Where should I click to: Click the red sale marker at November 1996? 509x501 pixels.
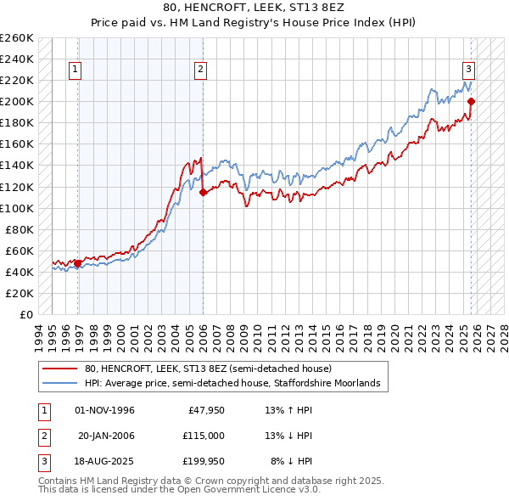point(78,263)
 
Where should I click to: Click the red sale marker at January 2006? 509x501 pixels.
point(203,192)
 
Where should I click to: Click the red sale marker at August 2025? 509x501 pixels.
point(472,102)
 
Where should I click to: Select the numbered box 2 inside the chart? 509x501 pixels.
point(201,70)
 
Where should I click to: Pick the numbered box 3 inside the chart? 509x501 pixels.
point(468,70)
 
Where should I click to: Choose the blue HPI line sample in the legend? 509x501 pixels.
point(59,384)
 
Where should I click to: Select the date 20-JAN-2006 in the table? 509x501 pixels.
point(106,436)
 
